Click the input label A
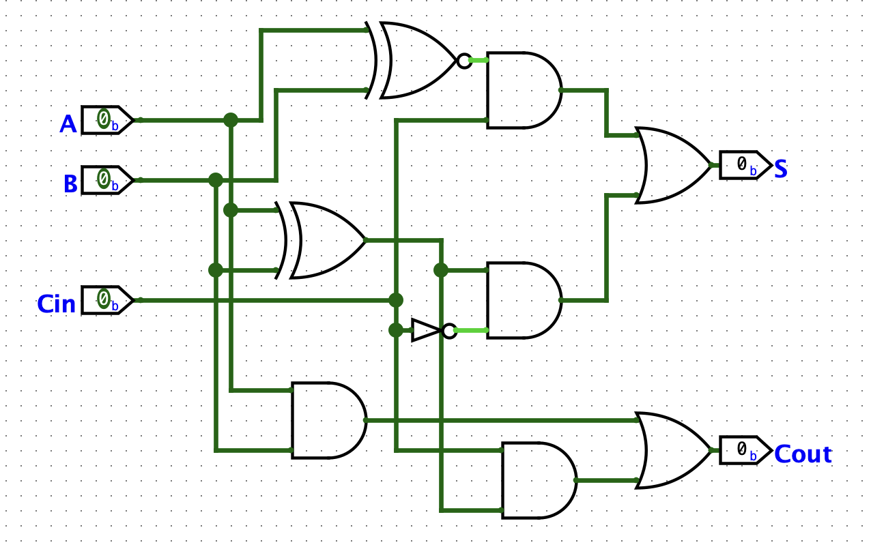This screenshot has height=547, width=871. point(68,124)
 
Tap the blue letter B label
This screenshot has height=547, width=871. point(70,184)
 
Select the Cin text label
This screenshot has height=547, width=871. point(56,304)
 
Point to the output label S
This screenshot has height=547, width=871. point(781,168)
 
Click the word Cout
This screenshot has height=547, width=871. point(803,454)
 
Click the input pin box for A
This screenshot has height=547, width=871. point(106,120)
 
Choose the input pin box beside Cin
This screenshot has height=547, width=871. point(106,300)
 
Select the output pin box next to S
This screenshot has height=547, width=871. point(745,165)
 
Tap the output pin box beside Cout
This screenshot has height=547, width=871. point(745,450)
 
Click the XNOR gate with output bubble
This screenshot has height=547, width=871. point(416,61)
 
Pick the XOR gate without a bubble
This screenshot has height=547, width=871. point(324,240)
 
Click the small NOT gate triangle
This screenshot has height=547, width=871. point(427,331)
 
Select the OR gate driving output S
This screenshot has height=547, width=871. point(672,165)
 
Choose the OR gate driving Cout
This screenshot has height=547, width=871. point(672,450)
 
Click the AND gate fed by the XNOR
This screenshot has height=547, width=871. point(522,90)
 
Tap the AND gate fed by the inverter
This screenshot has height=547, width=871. point(522,300)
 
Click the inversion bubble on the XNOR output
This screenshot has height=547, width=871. point(464,61)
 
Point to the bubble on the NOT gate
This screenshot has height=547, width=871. point(448,331)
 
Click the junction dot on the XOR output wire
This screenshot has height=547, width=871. point(441,270)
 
